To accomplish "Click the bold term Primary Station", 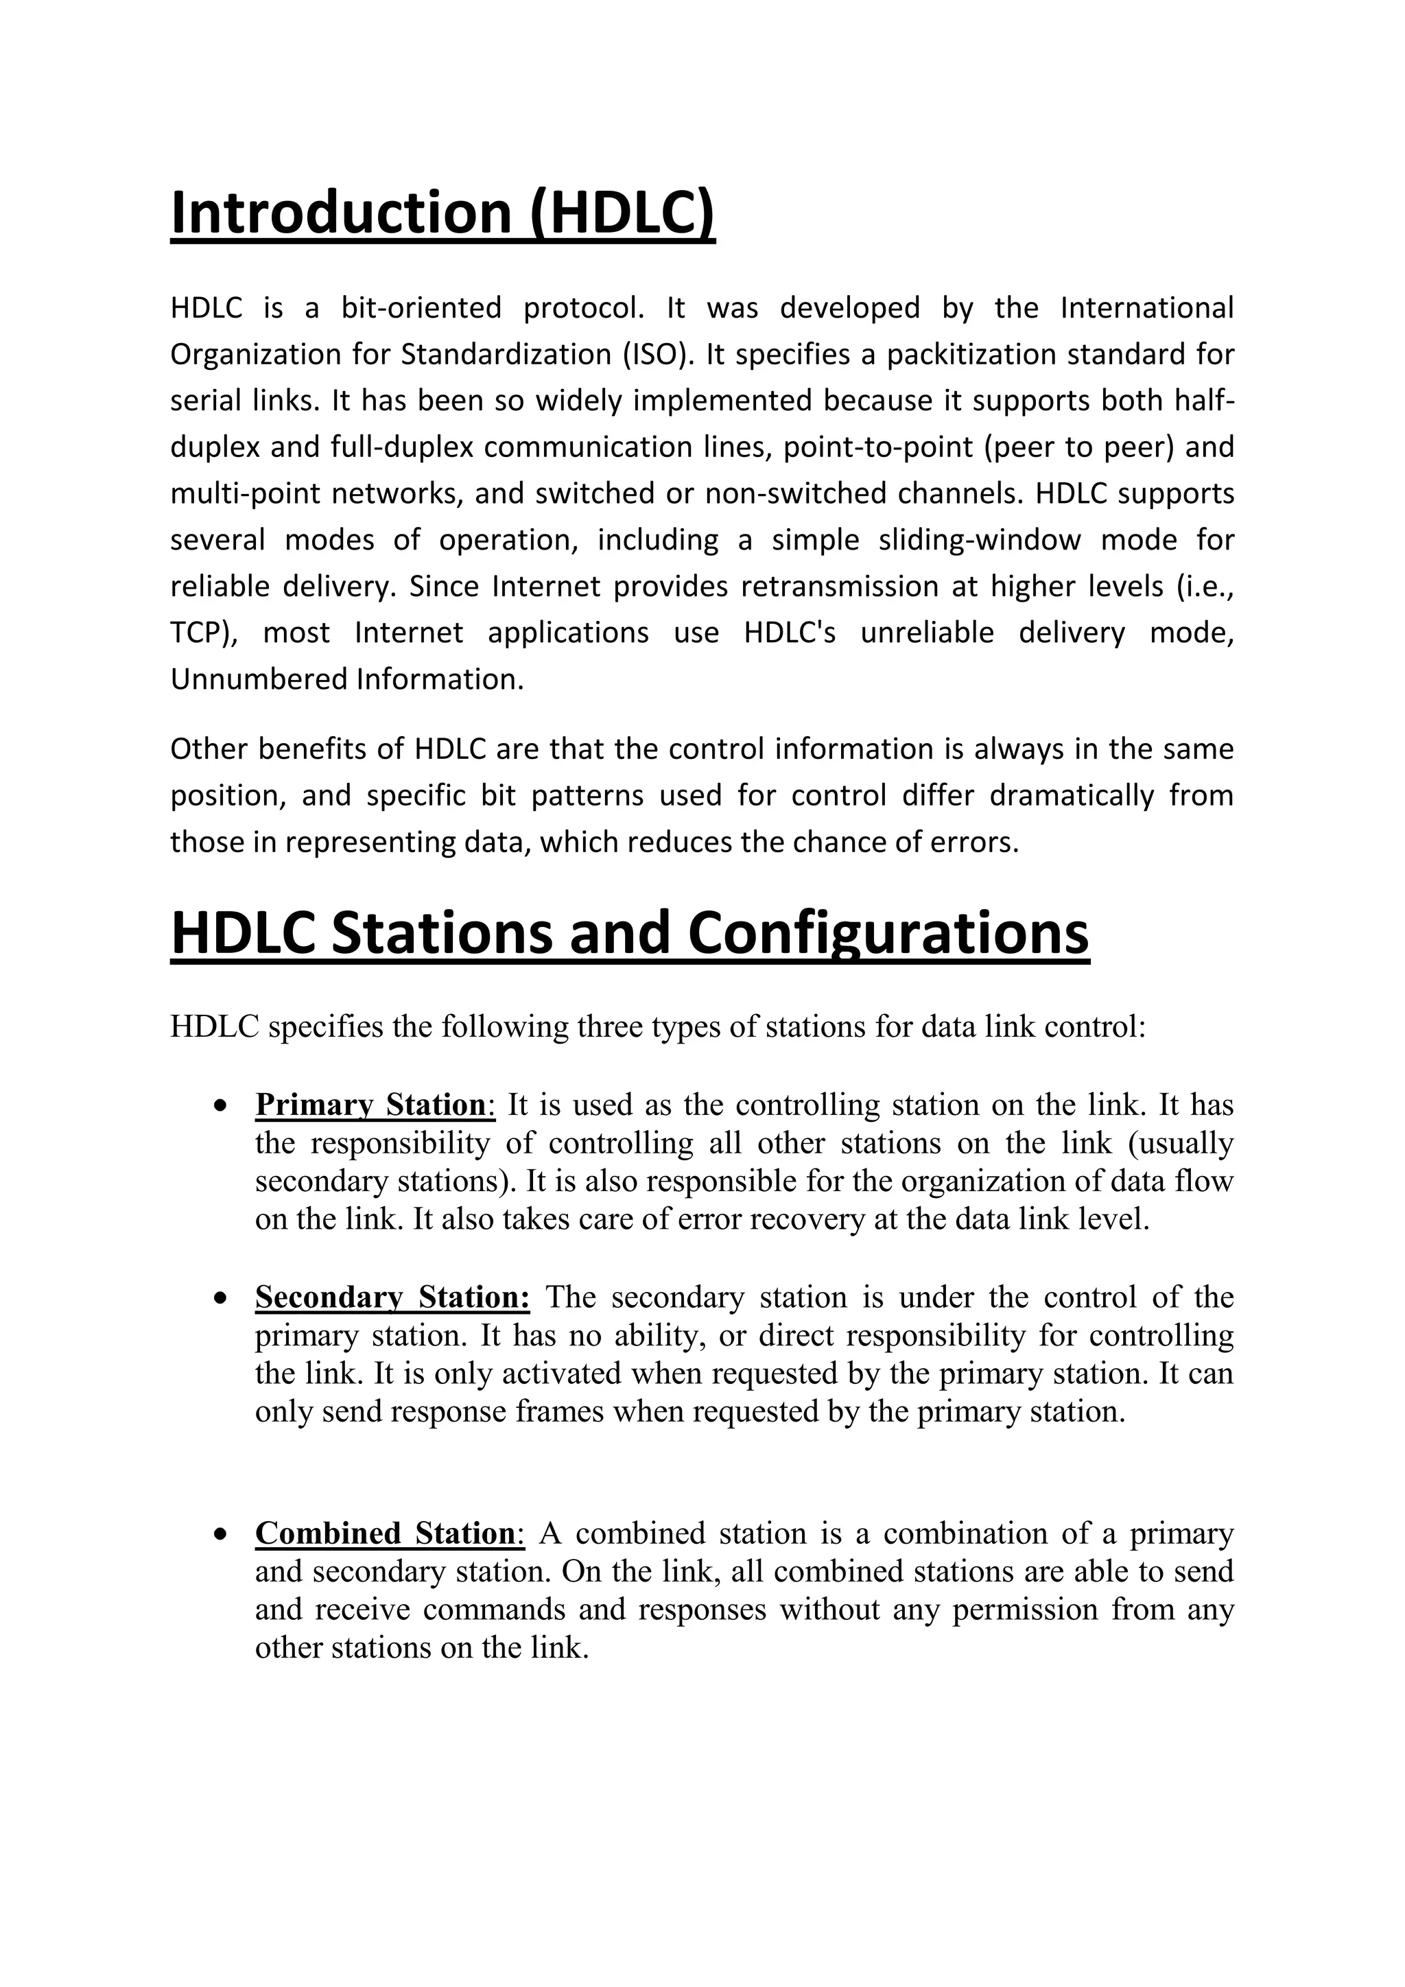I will pos(370,1105).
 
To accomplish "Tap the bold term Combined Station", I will pos(385,1533).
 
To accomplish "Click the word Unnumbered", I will pos(259,679).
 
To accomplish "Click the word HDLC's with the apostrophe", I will pos(789,633).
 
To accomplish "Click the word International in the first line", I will pos(1146,308).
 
